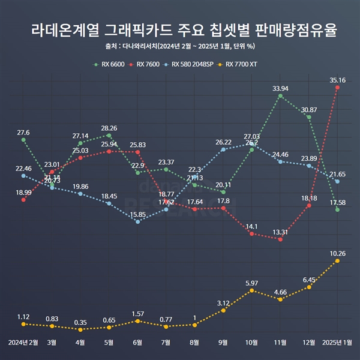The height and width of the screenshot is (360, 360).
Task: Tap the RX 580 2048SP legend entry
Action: [195, 64]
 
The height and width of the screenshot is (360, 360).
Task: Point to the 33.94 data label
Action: [280, 88]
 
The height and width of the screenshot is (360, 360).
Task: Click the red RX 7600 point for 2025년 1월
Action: [338, 88]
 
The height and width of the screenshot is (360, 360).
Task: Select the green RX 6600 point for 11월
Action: [280, 96]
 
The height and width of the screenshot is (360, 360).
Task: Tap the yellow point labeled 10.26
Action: [338, 261]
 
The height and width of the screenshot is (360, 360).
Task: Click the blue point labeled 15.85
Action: [138, 222]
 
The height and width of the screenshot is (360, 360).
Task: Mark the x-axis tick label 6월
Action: [138, 343]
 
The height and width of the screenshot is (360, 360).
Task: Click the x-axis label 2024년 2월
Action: [23, 343]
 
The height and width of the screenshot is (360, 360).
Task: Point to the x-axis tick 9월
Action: [223, 343]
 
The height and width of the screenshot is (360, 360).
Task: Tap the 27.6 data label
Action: [23, 132]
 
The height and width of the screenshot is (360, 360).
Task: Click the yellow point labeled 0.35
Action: [80, 329]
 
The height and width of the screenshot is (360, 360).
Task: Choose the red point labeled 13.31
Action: [280, 239]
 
